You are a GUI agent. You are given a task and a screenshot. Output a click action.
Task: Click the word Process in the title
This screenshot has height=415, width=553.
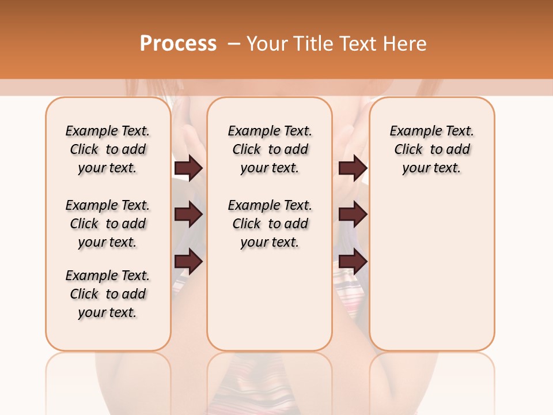click(178, 44)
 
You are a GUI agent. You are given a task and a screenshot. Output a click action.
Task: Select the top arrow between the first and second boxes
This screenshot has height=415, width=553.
click(188, 168)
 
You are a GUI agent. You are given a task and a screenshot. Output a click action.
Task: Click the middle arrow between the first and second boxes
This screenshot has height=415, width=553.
click(188, 215)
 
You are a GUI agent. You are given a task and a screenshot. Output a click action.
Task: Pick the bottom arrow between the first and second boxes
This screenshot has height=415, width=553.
click(188, 262)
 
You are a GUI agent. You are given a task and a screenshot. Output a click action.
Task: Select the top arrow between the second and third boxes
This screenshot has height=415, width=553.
click(353, 168)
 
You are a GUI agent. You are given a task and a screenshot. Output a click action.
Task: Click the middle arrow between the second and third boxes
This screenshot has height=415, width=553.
click(353, 215)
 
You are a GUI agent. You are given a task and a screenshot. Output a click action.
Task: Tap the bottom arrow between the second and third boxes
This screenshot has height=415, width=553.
click(353, 262)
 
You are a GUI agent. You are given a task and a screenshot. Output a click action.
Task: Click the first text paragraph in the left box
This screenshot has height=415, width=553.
click(108, 150)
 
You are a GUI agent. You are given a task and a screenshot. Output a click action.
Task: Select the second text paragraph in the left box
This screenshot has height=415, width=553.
click(108, 224)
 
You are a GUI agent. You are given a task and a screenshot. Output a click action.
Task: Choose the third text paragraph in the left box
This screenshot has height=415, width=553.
click(108, 294)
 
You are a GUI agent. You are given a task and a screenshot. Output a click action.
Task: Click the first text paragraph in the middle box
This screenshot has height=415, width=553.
click(270, 150)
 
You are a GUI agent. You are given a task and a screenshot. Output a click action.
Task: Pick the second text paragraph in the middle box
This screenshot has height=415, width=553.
click(270, 224)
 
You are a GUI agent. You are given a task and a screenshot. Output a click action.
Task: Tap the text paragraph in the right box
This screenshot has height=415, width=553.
click(431, 150)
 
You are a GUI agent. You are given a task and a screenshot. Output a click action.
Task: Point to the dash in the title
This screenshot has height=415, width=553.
click(233, 44)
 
